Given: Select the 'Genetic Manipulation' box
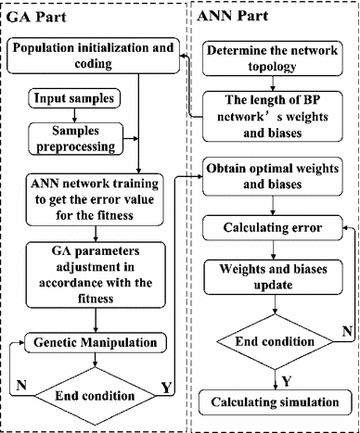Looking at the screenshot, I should coord(93,342).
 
